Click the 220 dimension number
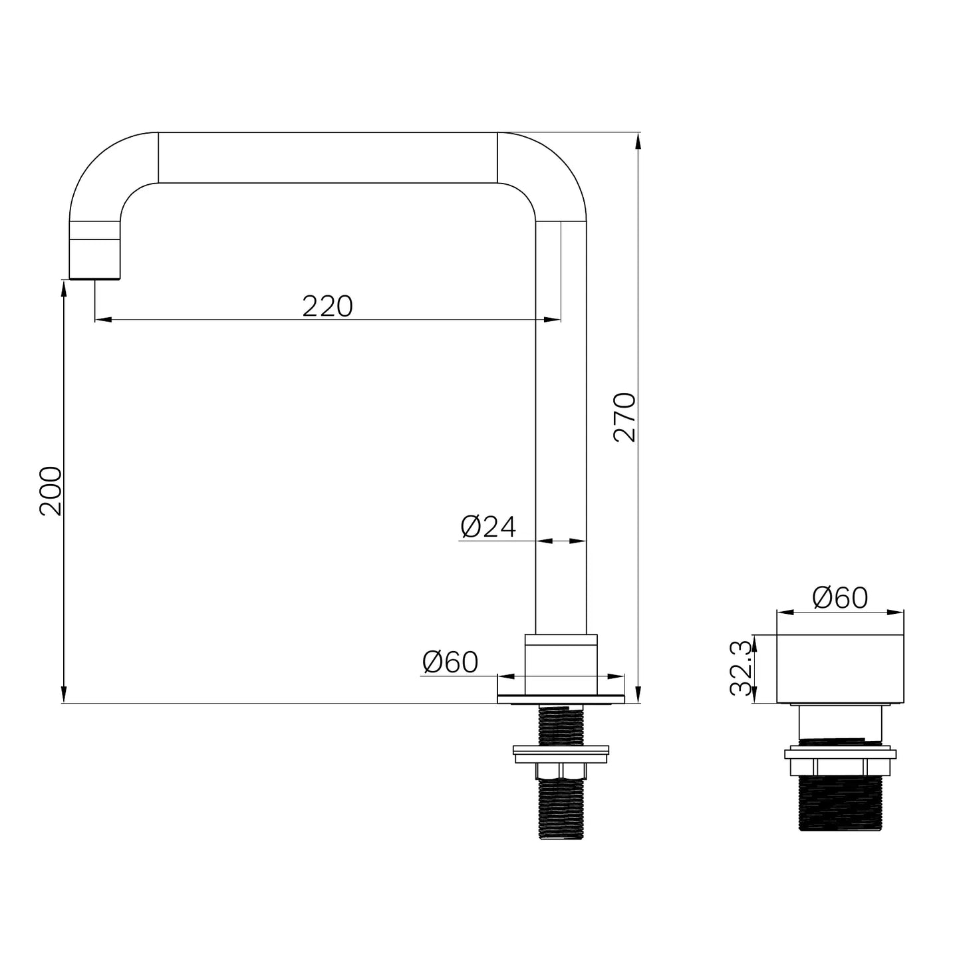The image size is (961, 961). (328, 306)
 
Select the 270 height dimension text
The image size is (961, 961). (624, 418)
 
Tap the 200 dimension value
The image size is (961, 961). (51, 491)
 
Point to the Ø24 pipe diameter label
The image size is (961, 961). (488, 527)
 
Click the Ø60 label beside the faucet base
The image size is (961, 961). (450, 662)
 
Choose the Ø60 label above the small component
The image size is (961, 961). (841, 597)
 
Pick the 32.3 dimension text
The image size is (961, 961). (741, 668)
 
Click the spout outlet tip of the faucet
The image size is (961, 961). (94, 277)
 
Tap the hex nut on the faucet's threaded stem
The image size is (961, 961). (561, 771)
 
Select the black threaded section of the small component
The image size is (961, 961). (841, 803)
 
